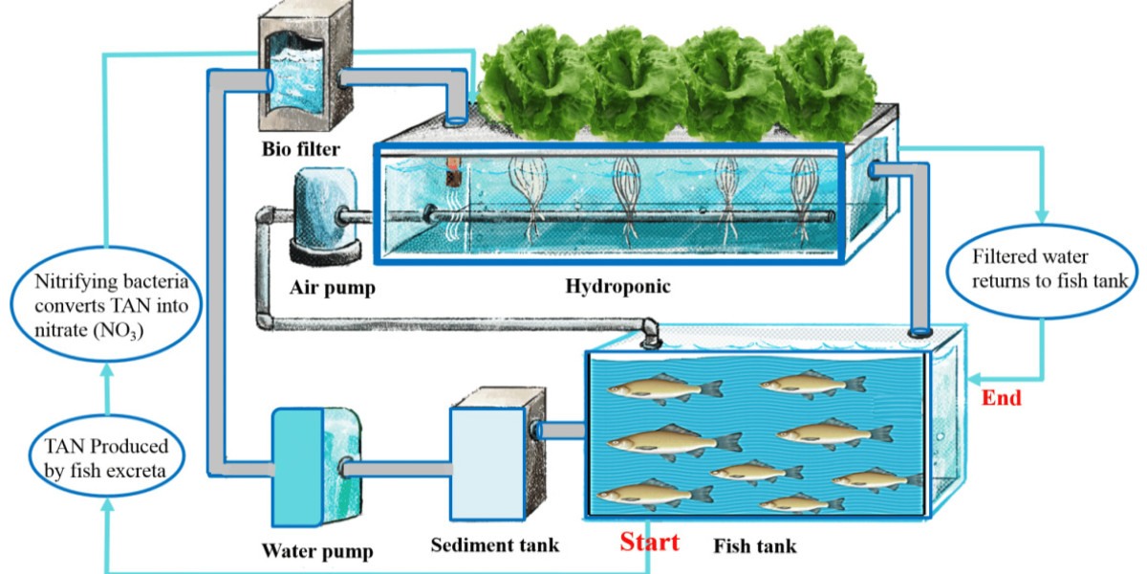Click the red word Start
tap(650, 541)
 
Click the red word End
tap(1002, 398)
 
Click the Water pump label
tap(316, 551)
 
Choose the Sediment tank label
tap(494, 545)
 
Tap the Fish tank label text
tap(754, 547)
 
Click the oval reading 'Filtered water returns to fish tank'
tap(1042, 270)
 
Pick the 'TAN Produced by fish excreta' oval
tap(105, 457)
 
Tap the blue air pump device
tap(324, 215)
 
